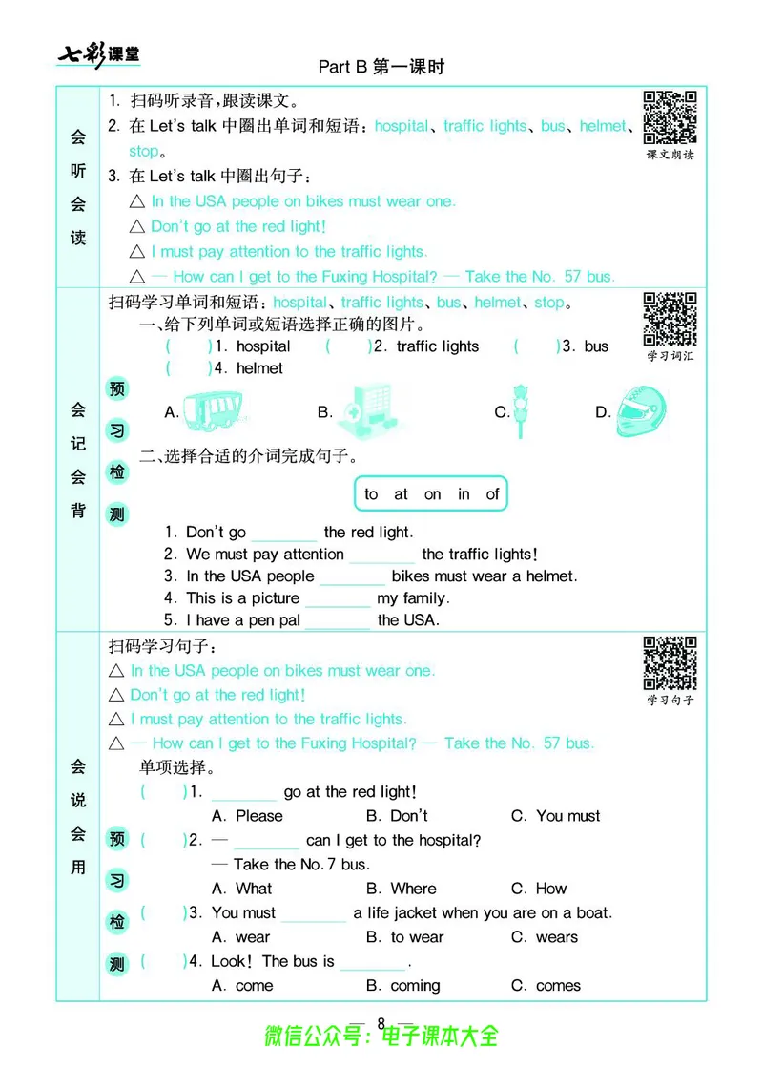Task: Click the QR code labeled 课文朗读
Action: (670, 117)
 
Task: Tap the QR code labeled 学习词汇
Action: (670, 319)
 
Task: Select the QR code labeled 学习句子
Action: (670, 662)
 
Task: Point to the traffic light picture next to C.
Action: (521, 411)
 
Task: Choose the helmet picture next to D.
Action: (642, 411)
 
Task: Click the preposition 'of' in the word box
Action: (492, 493)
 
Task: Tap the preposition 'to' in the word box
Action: (371, 493)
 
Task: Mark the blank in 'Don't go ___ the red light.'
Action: (283, 533)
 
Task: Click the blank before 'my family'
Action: (338, 598)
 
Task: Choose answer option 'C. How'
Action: (539, 889)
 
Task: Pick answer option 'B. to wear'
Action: (405, 937)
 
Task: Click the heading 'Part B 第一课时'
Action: (381, 67)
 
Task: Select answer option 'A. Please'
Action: (247, 816)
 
